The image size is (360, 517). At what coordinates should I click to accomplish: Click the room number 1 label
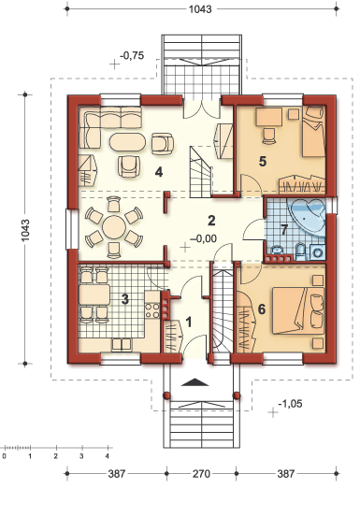click(190, 322)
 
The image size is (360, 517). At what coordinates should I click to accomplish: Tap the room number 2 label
click(212, 222)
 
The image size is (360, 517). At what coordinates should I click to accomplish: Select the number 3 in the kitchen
click(124, 299)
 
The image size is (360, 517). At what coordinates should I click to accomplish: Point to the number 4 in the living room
click(160, 171)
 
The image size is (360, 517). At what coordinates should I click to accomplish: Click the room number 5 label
click(263, 161)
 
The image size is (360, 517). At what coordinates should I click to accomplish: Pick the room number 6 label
click(261, 309)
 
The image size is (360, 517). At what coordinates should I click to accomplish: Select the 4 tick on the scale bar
click(107, 458)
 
